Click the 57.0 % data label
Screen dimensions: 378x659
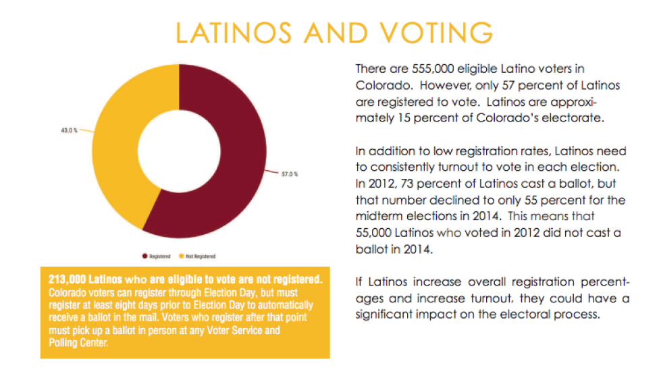[x=290, y=174]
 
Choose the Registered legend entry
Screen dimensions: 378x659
[x=158, y=256]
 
